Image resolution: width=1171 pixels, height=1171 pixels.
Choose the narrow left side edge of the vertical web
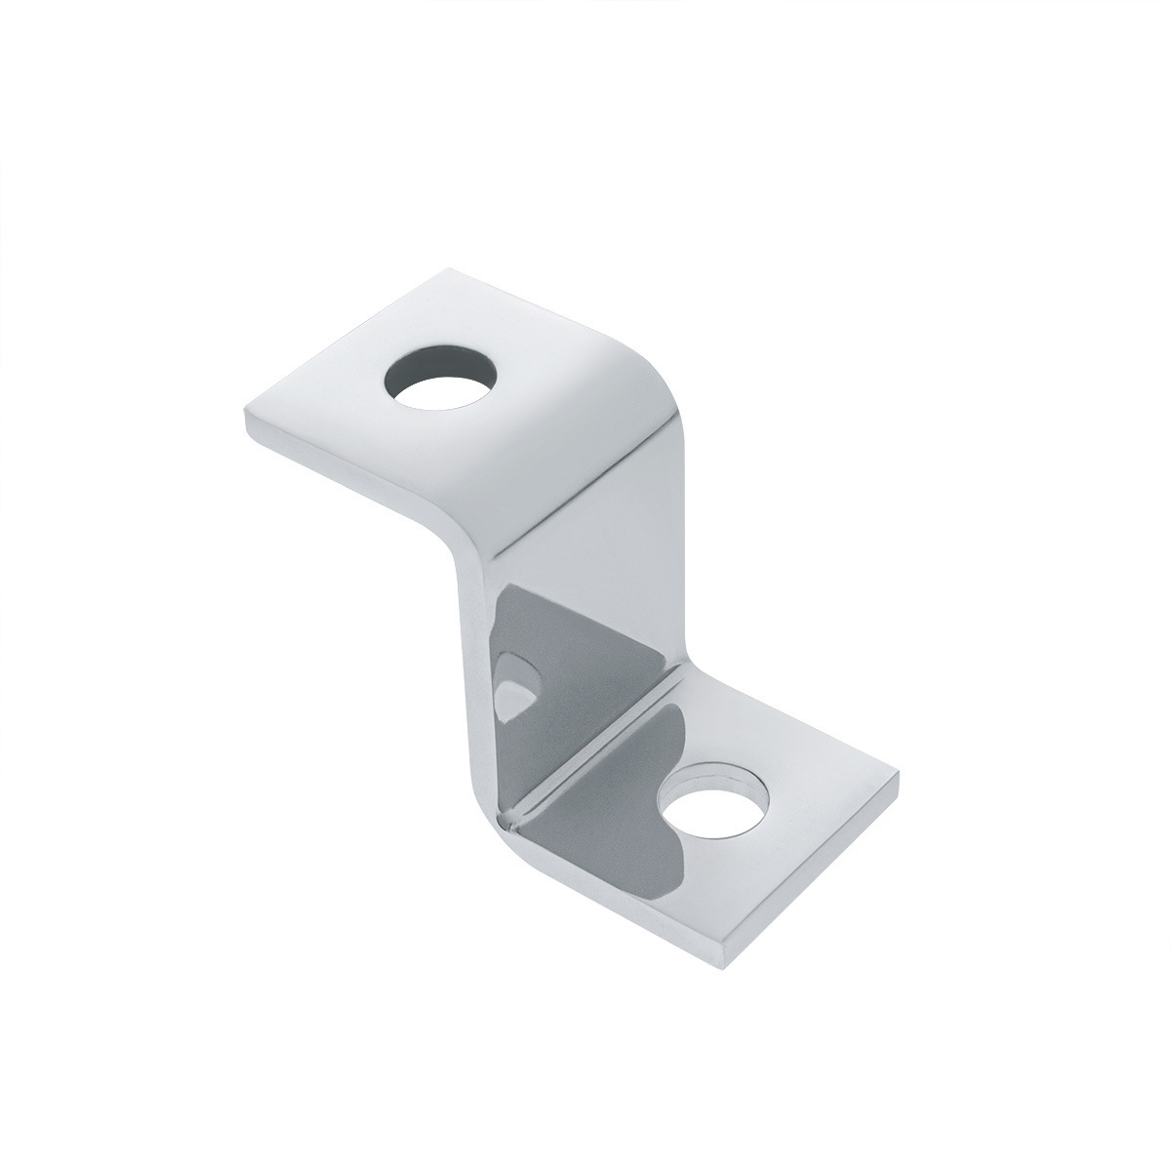pyautogui.click(x=472, y=683)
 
